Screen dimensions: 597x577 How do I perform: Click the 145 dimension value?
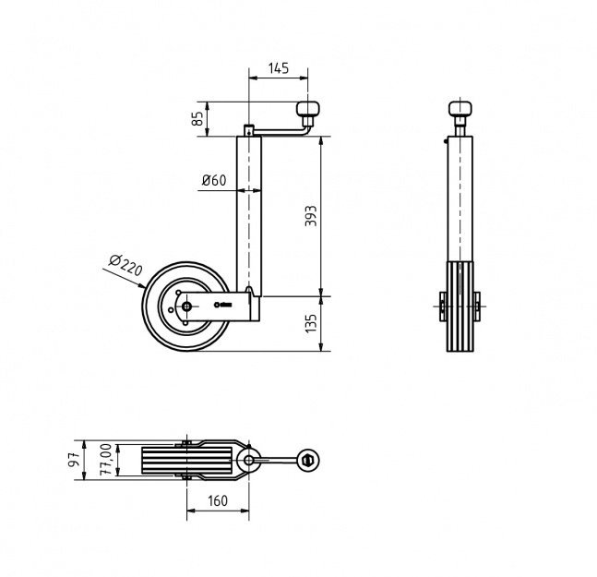coord(279,68)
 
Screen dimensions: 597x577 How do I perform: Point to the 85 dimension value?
coord(197,119)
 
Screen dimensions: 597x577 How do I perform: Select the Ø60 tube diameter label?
coord(214,180)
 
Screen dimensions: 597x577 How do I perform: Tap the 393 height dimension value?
coord(311,216)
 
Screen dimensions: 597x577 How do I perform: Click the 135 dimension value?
coord(311,323)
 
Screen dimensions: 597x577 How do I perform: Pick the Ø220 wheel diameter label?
coord(125,264)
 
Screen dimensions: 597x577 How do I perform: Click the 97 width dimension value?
coord(74,460)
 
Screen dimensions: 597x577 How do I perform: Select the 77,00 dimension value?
coord(105,460)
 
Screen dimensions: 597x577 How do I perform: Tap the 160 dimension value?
coord(218,500)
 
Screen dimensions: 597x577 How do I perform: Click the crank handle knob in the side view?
coord(308,109)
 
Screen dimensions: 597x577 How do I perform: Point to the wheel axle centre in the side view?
coord(186,307)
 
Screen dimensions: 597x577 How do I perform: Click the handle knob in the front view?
coord(460,108)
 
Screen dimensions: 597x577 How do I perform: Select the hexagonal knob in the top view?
coord(308,461)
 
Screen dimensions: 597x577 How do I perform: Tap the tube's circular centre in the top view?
coord(248,460)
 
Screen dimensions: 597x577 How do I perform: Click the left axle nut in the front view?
coord(442,306)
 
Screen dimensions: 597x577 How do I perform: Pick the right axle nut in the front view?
coord(477,306)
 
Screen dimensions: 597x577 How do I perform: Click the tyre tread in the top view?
coord(186,461)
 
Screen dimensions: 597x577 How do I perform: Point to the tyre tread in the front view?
coord(460,307)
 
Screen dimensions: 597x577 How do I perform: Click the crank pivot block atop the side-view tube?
coord(248,130)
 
